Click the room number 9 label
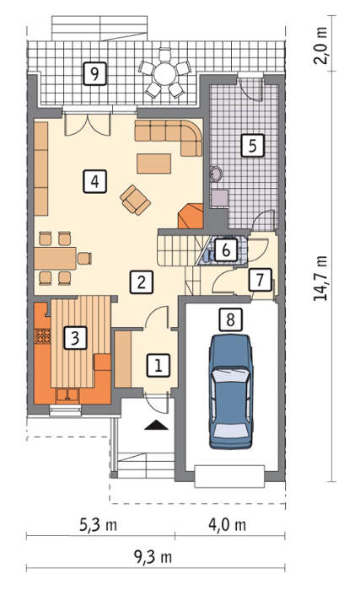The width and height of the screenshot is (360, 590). (x=94, y=73)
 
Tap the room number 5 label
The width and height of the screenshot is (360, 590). (x=252, y=145)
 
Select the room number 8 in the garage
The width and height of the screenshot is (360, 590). (x=230, y=319)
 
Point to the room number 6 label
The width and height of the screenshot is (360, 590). (x=226, y=249)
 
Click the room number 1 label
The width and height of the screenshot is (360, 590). (x=159, y=365)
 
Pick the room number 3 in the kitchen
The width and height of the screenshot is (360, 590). (x=75, y=337)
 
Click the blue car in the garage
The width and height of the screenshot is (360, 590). (x=230, y=391)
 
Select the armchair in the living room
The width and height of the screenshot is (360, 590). (x=135, y=200)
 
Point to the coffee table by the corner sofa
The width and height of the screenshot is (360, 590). (x=153, y=164)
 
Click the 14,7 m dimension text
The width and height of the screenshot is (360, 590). (x=320, y=278)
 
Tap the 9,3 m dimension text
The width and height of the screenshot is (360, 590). (x=153, y=557)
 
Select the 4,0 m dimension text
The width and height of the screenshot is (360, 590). (x=228, y=525)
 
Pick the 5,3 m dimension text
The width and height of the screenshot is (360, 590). (x=98, y=525)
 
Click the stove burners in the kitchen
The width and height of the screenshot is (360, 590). (x=43, y=336)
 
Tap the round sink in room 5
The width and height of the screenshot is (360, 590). (x=216, y=174)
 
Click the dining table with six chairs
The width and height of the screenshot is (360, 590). (x=55, y=258)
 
